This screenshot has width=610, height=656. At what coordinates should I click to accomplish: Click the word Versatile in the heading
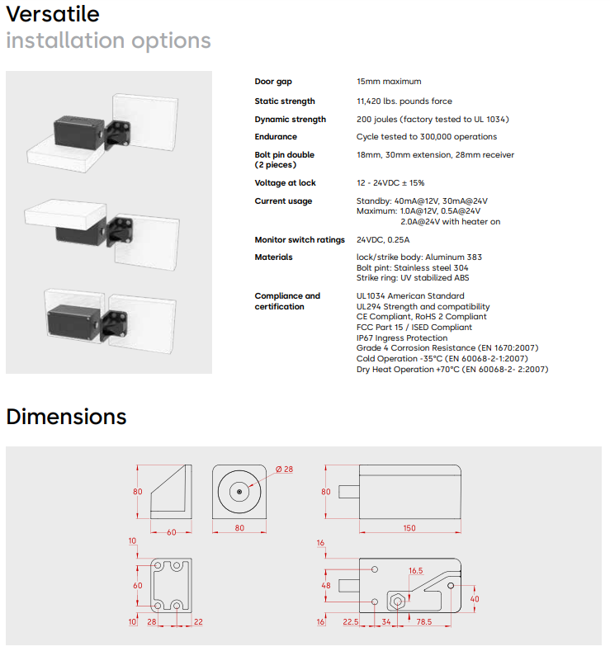coord(53,14)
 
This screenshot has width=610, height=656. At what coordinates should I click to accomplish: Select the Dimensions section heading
coord(66,417)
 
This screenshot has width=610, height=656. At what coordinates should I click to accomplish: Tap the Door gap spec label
coord(273,82)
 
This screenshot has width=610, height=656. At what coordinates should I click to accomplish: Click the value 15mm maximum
coord(389,82)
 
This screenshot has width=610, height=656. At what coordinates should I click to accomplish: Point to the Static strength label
coord(285,101)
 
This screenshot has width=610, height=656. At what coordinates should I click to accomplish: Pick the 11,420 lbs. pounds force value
coord(404,101)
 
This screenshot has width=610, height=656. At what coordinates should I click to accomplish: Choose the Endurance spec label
coord(277,137)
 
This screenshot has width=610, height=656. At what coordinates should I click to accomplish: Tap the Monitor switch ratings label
coord(300,240)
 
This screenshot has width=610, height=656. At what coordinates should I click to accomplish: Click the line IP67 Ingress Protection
coord(401,337)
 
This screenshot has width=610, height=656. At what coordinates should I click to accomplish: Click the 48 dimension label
coord(325,586)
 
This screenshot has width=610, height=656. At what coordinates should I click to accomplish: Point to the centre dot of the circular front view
coord(239,492)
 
